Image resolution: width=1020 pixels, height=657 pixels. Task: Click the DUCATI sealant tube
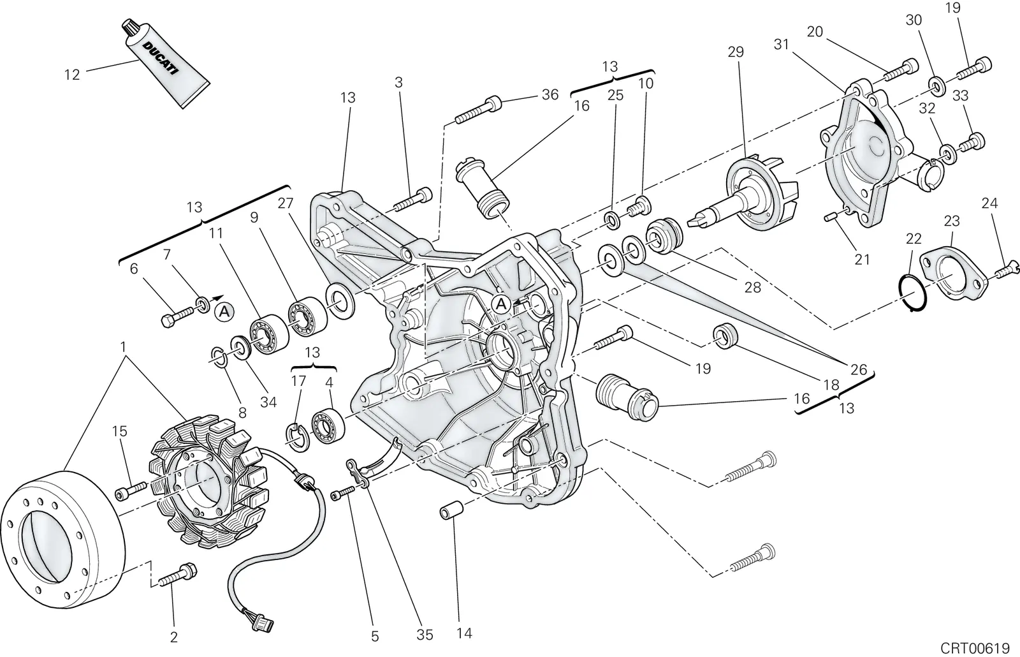click(166, 63)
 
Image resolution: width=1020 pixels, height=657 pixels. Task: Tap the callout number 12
click(72, 75)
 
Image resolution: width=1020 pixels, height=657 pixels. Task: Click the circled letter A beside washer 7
click(224, 312)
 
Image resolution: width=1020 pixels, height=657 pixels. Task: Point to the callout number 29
click(736, 52)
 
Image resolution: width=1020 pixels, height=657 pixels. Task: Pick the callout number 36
click(550, 94)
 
